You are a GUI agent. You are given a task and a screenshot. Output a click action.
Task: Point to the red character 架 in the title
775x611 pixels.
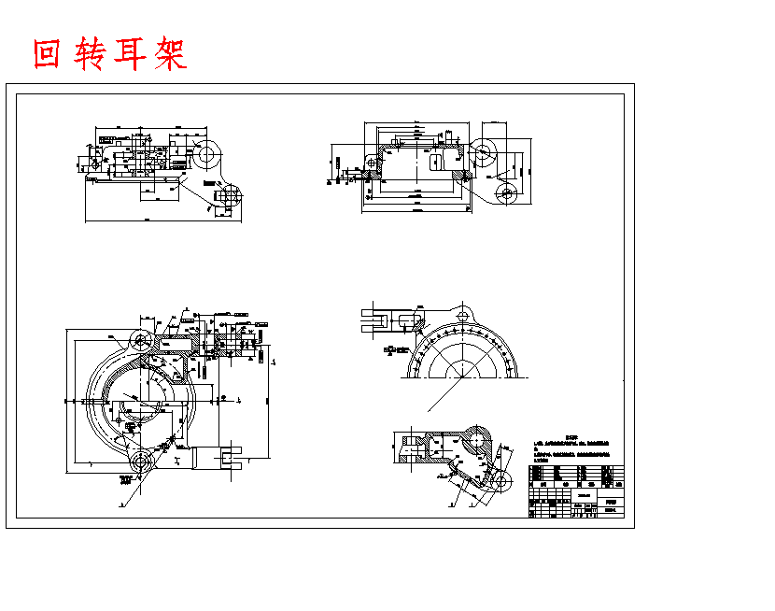pos(168,55)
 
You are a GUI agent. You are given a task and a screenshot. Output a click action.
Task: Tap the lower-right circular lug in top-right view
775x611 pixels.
pos(507,193)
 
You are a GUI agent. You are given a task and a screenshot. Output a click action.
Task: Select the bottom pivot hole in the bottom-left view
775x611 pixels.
pos(141,461)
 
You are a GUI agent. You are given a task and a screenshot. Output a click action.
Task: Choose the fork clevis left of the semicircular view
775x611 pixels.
pos(377,320)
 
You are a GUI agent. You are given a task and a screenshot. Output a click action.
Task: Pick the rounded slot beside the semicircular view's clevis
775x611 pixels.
pos(408,320)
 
